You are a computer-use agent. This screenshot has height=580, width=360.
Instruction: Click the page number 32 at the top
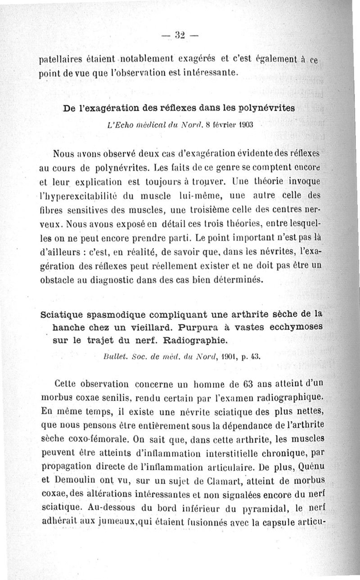[x=180, y=35]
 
